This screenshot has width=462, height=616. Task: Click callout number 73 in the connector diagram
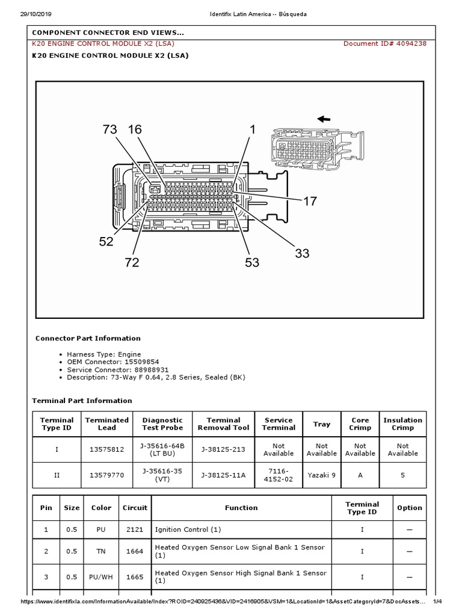(x=109, y=129)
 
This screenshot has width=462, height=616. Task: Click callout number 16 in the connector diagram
(x=135, y=129)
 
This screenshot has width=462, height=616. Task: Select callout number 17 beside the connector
(x=309, y=202)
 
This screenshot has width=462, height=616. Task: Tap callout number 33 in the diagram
(x=302, y=253)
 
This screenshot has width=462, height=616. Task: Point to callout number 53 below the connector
(x=252, y=262)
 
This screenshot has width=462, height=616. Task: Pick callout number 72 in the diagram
(x=132, y=262)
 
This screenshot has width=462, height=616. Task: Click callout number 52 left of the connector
(x=106, y=241)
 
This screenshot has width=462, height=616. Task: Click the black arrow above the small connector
(x=324, y=119)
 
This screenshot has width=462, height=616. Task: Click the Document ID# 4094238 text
(x=384, y=43)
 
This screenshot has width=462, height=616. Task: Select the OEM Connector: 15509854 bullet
(x=113, y=362)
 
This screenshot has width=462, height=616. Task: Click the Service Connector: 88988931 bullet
(x=118, y=369)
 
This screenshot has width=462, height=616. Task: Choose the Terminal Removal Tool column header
(x=223, y=423)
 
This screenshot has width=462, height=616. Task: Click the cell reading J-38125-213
(x=223, y=449)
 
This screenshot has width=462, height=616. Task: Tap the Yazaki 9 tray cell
(x=321, y=475)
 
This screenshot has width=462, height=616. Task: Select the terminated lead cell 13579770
(x=106, y=475)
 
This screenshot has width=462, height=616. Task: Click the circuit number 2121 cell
(x=135, y=529)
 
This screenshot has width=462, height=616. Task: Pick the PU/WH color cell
(x=101, y=577)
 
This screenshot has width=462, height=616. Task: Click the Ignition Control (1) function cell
(x=188, y=529)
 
